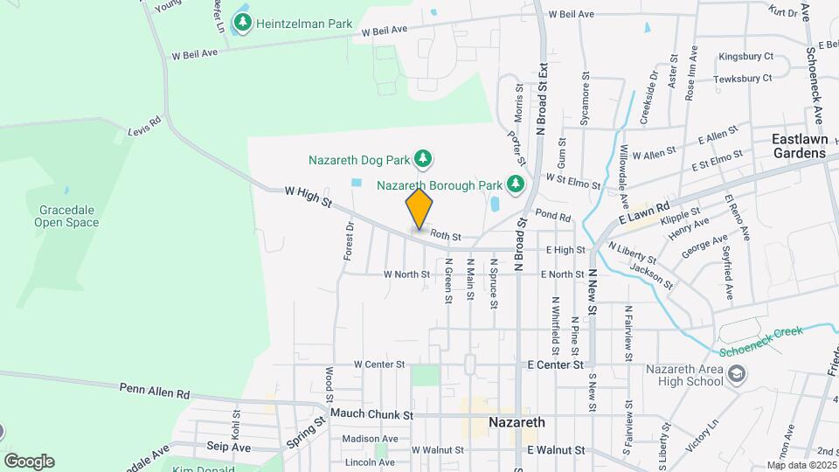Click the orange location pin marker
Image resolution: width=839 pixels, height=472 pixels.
419,209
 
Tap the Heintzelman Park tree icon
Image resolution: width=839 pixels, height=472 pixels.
242,22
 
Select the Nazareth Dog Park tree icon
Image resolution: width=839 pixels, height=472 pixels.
424,158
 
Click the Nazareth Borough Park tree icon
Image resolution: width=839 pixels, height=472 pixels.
516,184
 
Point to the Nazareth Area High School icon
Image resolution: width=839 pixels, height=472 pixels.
737,374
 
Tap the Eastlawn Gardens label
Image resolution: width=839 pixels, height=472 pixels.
799,146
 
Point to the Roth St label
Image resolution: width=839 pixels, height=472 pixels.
445,236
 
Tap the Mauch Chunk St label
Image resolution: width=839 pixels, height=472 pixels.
371,415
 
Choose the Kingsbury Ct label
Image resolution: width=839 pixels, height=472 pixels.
745,57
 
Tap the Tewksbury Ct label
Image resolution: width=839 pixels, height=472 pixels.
742,78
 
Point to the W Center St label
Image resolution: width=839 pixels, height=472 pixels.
379,364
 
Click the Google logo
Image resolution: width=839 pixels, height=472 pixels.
29,462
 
